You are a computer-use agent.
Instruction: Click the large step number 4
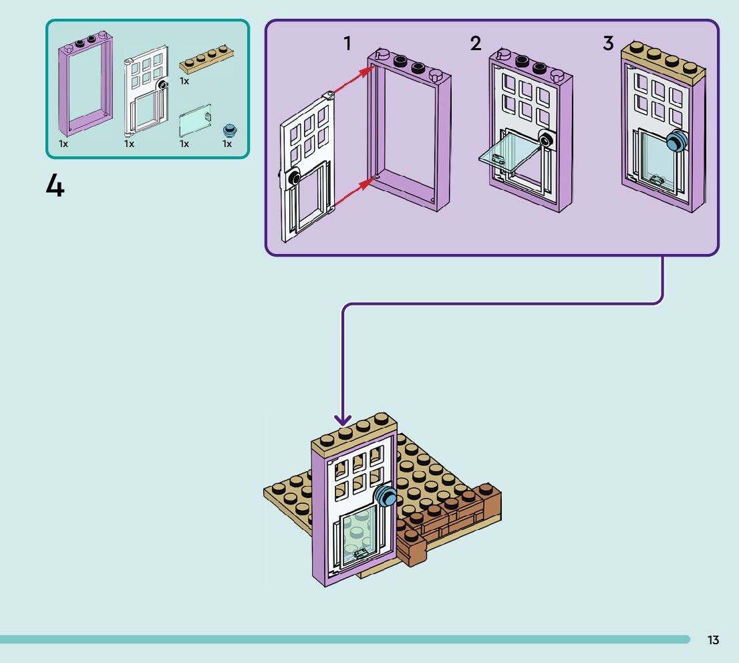(55, 184)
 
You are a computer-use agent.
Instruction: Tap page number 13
(713, 640)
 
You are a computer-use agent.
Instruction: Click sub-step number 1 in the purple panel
(347, 44)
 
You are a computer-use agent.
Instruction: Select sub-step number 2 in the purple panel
(475, 44)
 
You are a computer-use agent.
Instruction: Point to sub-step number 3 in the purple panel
(608, 44)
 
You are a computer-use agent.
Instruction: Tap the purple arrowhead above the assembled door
(343, 420)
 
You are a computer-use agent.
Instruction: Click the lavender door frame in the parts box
(86, 87)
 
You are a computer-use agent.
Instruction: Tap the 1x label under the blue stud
(227, 144)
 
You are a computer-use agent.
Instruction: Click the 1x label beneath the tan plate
(184, 81)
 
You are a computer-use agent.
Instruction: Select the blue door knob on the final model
(386, 497)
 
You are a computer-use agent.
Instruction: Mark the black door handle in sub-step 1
(292, 177)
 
